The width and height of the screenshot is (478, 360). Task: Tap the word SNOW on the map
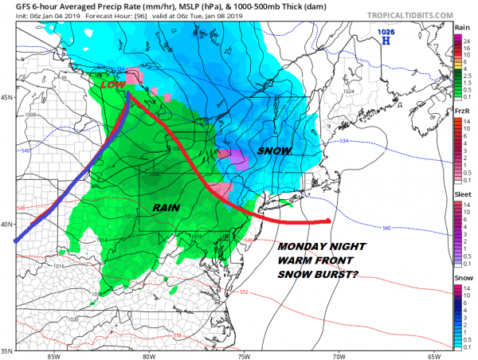pyautogui.click(x=274, y=151)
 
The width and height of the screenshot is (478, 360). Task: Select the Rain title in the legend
pyautogui.click(x=460, y=28)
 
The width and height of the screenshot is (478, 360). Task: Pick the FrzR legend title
pyautogui.click(x=460, y=110)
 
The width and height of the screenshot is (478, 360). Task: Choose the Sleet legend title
pyautogui.click(x=460, y=193)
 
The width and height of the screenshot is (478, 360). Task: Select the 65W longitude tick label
pyautogui.click(x=433, y=356)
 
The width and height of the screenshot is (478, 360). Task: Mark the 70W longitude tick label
pyautogui.click(x=339, y=356)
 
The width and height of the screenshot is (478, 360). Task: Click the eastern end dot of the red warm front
pyautogui.click(x=328, y=221)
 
